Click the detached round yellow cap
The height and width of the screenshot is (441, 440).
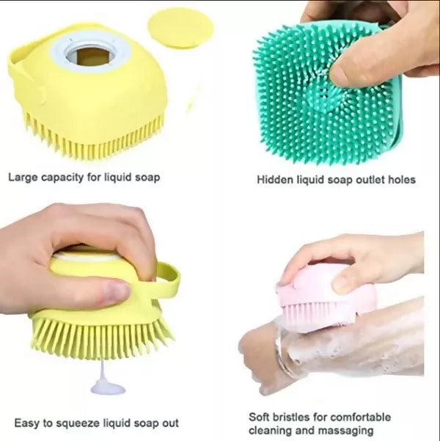pyautogui.click(x=180, y=28)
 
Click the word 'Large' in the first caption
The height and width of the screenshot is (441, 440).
pyautogui.click(x=23, y=178)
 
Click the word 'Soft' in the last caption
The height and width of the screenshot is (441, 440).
pyautogui.click(x=259, y=417)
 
